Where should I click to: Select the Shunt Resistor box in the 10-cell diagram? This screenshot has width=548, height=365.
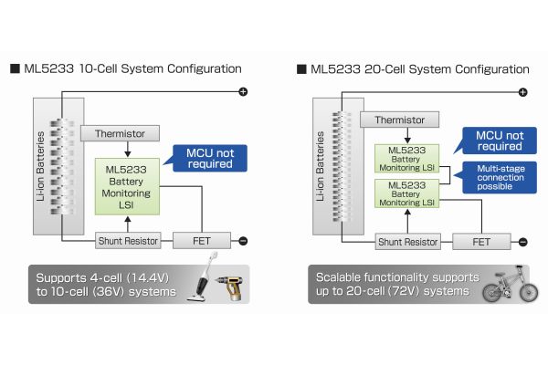pos(127,241)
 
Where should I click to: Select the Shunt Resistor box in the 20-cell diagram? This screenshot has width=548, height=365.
pos(408,242)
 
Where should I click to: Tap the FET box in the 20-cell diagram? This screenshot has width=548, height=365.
pos(480,242)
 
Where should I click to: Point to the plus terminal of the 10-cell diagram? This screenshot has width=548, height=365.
pos(243,92)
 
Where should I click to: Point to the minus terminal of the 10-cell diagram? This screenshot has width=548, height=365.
pos(243,241)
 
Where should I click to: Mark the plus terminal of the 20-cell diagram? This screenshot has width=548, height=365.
pos(522,92)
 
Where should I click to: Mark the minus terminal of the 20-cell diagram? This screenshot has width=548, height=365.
pos(522,242)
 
